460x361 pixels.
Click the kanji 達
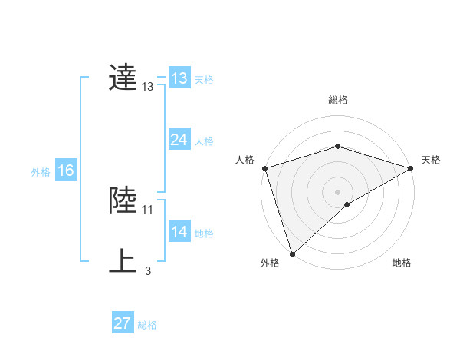pyautogui.click(x=123, y=78)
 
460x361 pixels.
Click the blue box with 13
pyautogui.click(x=179, y=78)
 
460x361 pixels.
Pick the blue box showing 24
pyautogui.click(x=179, y=140)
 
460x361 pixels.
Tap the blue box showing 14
pyautogui.click(x=179, y=232)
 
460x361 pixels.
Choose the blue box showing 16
pyautogui.click(x=65, y=171)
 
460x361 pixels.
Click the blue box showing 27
pyautogui.click(x=123, y=323)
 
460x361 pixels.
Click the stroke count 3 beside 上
pyautogui.click(x=148, y=270)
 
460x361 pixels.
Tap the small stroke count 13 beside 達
pyautogui.click(x=148, y=88)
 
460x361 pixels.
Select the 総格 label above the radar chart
pyautogui.click(x=338, y=100)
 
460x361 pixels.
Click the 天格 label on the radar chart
pyautogui.click(x=431, y=160)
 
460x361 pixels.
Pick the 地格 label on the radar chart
pyautogui.click(x=402, y=263)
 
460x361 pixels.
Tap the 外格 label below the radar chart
pyautogui.click(x=270, y=263)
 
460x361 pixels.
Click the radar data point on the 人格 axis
pyautogui.click(x=264, y=168)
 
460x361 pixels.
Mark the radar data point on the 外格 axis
pyautogui.click(x=292, y=254)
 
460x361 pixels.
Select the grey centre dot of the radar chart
pyautogui.click(x=337, y=191)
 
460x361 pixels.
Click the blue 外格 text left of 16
pyautogui.click(x=41, y=172)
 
